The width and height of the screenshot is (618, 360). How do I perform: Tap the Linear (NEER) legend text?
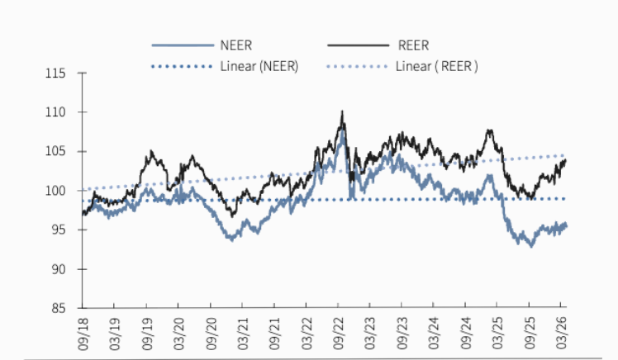pyautogui.click(x=259, y=64)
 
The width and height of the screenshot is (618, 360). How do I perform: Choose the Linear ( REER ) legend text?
pyautogui.click(x=437, y=64)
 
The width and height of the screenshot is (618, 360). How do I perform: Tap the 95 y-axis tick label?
pyautogui.click(x=58, y=230)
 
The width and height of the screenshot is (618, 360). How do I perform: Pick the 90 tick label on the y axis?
pyautogui.click(x=58, y=269)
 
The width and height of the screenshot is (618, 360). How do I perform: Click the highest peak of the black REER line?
pyautogui.click(x=342, y=111)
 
